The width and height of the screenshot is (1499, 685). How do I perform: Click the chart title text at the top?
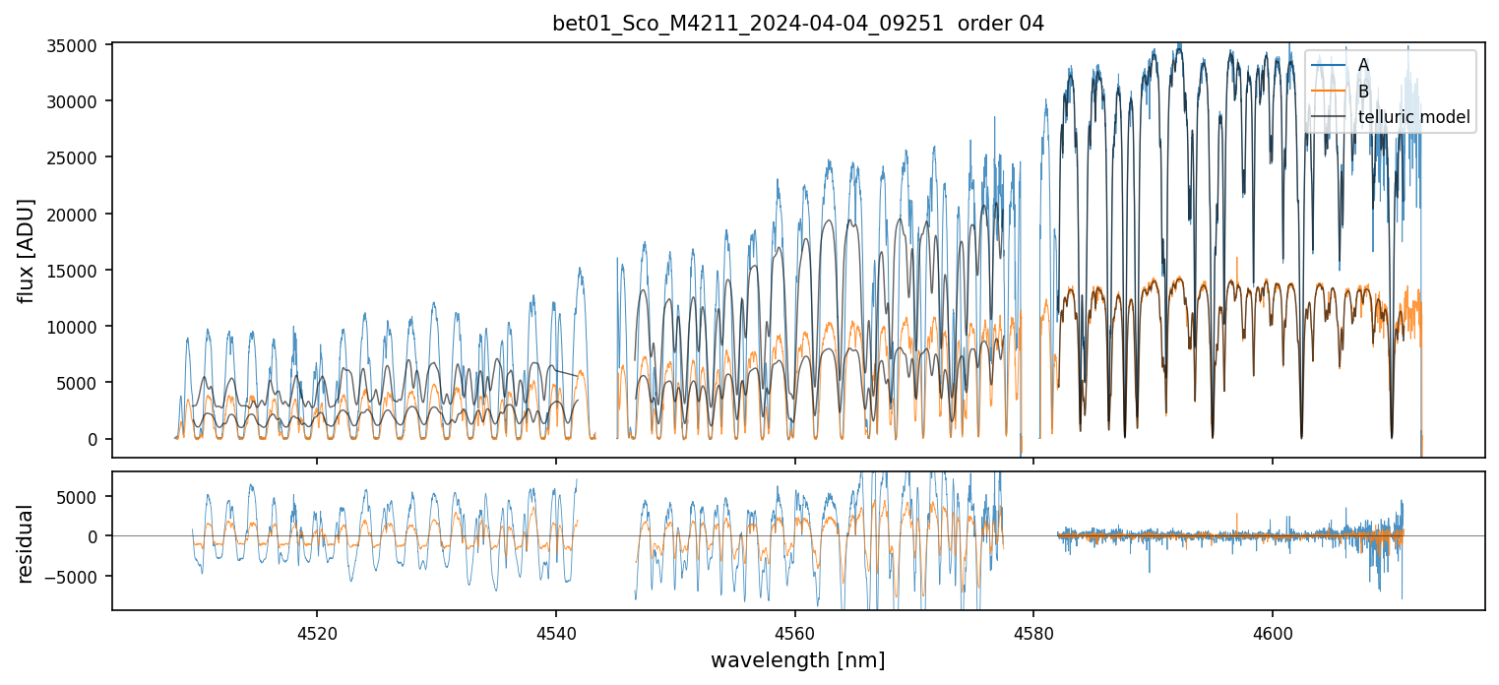coord(797,24)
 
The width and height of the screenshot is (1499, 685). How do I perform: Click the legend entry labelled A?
coord(1363,65)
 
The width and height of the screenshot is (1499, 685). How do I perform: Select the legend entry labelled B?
coord(1363,92)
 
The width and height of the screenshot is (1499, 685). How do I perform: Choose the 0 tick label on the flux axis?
coord(94,439)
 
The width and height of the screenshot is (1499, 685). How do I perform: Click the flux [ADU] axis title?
coord(27,250)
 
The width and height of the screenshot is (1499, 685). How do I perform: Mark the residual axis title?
coord(27,543)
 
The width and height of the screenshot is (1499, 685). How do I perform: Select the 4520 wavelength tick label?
coord(317,629)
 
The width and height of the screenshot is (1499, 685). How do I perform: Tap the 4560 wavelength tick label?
coord(794,629)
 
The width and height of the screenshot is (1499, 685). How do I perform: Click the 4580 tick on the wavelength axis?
coord(1033,629)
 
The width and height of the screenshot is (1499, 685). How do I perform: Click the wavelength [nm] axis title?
coord(797,659)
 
